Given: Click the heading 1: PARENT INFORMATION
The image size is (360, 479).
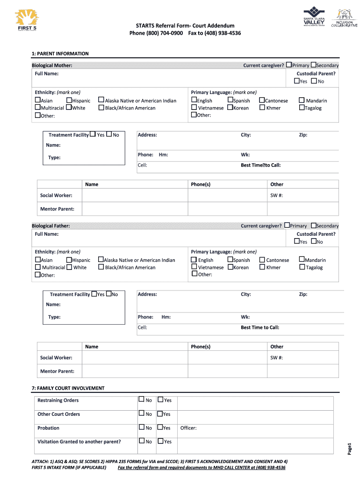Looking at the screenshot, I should (x=60, y=54).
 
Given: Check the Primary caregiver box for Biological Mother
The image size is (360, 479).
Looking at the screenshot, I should (x=289, y=65).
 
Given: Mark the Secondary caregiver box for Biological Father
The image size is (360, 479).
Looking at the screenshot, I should (x=313, y=225).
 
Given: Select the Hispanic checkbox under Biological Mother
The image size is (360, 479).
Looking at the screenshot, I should (x=69, y=100).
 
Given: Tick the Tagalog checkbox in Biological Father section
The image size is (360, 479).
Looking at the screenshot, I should (x=302, y=267).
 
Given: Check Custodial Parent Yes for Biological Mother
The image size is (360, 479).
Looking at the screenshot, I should (x=297, y=81).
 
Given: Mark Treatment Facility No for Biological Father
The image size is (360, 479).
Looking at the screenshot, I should (x=109, y=294).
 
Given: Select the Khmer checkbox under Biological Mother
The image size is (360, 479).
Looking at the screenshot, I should (x=262, y=108).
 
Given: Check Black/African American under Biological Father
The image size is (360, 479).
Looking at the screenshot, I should (x=101, y=267).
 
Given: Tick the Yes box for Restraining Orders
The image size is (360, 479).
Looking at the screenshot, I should (x=160, y=399).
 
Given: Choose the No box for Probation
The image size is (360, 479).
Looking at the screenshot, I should (x=142, y=427).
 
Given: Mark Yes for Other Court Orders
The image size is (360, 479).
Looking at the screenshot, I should (x=160, y=414).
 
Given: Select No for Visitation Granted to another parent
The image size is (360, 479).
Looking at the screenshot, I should (x=142, y=441).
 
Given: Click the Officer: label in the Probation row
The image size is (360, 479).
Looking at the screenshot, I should (x=188, y=428).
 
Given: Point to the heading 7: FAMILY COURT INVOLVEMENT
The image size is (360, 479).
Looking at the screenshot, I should (x=68, y=388).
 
